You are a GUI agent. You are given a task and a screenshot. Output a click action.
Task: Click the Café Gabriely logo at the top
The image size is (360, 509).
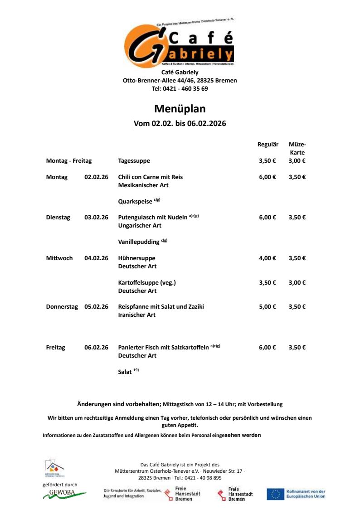pyautogui.click(x=180, y=44)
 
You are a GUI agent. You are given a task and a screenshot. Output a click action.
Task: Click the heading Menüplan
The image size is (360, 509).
pyautogui.click(x=180, y=109)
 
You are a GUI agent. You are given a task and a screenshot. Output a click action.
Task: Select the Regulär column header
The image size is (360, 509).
pyautogui.click(x=268, y=145)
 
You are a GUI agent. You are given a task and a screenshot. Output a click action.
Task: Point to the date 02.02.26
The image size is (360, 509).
pyautogui.click(x=96, y=177)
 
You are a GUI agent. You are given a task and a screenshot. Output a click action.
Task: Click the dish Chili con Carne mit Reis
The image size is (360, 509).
pyautogui.click(x=150, y=177)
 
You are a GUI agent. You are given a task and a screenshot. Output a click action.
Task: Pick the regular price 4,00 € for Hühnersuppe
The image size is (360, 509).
pyautogui.click(x=268, y=258)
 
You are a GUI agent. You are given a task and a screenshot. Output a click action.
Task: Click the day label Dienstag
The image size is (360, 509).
pyautogui.click(x=58, y=218)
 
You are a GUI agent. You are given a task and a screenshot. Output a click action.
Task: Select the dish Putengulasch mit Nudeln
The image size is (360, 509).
pyautogui.click(x=152, y=218)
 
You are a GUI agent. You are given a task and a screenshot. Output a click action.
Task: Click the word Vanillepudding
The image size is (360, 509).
pyautogui.click(x=139, y=242)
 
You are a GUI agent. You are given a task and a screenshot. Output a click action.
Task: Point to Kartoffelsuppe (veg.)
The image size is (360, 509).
pyautogui.click(x=147, y=283)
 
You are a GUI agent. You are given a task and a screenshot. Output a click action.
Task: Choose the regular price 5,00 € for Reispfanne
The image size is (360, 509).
pyautogui.click(x=268, y=307)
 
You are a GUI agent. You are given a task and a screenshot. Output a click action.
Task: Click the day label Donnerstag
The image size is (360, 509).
pyautogui.click(x=62, y=307)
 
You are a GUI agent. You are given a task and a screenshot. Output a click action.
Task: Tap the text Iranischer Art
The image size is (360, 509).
pyautogui.click(x=136, y=315)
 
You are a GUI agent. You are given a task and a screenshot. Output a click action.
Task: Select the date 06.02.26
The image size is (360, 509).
pyautogui.click(x=96, y=348)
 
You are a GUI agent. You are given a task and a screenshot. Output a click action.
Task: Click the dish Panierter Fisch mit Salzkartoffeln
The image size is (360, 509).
pyautogui.click(x=163, y=348)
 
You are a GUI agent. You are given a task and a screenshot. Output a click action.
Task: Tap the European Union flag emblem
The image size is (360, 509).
pyautogui.click(x=275, y=494)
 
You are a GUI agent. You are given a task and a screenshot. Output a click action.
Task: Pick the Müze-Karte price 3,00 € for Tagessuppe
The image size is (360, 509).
pyautogui.click(x=297, y=161)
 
